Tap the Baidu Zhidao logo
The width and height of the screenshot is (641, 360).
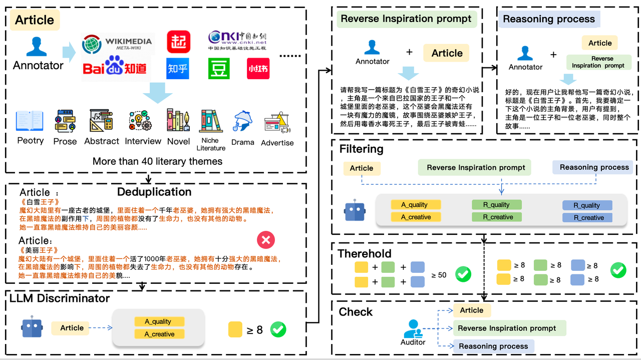[x=115, y=68]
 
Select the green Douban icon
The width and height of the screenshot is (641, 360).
[x=218, y=69]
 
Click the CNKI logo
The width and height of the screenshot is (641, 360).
[x=237, y=41]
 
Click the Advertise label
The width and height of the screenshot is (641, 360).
[x=277, y=143]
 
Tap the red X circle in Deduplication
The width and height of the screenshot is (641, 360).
[x=265, y=240]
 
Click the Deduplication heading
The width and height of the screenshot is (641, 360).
[x=154, y=192]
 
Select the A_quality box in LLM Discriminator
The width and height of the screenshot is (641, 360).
[x=159, y=321]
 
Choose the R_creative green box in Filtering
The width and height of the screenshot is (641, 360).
[x=497, y=217]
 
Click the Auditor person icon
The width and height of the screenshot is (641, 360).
[x=413, y=328]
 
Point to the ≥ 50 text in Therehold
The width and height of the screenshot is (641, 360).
[x=439, y=274]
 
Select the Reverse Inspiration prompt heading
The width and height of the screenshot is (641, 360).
[x=406, y=19]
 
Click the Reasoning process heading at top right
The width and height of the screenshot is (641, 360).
[x=549, y=19]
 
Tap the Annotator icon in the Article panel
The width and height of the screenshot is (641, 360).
[x=37, y=47]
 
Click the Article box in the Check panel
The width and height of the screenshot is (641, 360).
[x=471, y=310]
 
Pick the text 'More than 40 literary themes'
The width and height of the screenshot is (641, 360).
[x=157, y=161]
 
